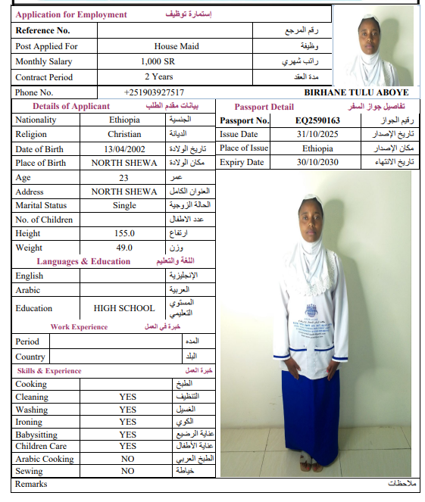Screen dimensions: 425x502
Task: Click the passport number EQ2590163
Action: tap(317, 120)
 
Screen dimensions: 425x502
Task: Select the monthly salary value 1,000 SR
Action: tap(158, 61)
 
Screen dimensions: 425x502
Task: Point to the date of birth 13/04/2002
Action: tap(123, 148)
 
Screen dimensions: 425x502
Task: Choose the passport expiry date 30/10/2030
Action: tap(317, 162)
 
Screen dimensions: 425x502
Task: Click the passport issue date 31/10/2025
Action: tap(317, 134)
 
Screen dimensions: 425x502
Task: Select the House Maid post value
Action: tap(176, 46)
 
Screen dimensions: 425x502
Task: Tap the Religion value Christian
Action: tap(124, 134)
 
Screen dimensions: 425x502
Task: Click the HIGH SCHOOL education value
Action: tap(124, 308)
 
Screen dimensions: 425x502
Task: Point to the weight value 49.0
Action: tap(124, 248)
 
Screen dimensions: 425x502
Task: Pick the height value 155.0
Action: tap(124, 233)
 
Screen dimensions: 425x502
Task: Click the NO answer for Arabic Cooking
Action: tap(127, 459)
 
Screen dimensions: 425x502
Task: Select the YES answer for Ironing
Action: tap(127, 422)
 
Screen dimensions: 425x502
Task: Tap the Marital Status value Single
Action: tap(124, 205)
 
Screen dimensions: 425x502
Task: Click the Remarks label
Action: tap(31, 484)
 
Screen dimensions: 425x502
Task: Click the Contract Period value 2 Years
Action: tap(158, 76)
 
